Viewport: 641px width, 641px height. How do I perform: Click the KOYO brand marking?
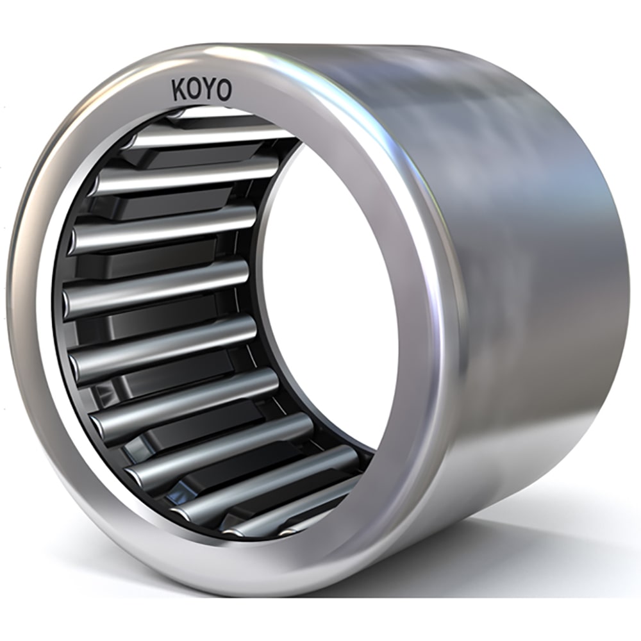(201, 91)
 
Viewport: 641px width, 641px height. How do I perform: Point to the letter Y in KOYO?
(208, 91)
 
